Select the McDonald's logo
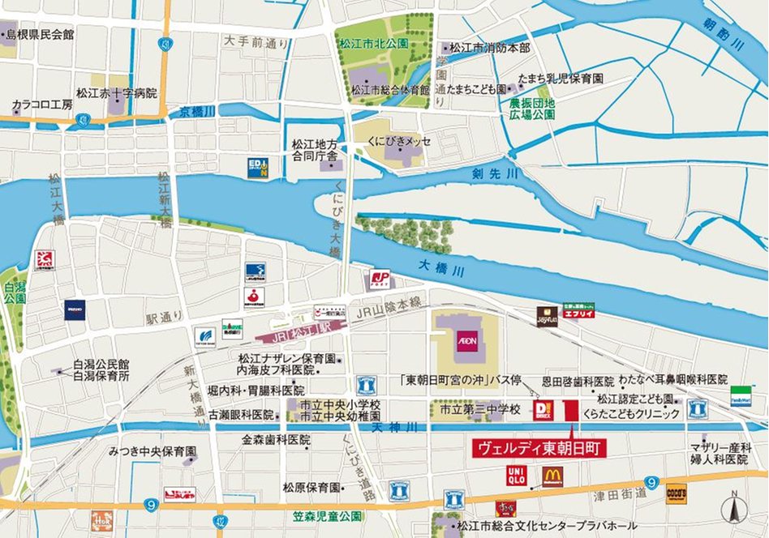pyautogui.click(x=552, y=476)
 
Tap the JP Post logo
pyautogui.click(x=379, y=280)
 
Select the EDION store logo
pyautogui.click(x=258, y=168)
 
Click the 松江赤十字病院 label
pyautogui.click(x=116, y=93)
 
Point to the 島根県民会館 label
pyautogui.click(x=40, y=34)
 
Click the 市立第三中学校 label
pyautogui.click(x=479, y=411)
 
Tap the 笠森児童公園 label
pyautogui.click(x=327, y=515)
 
